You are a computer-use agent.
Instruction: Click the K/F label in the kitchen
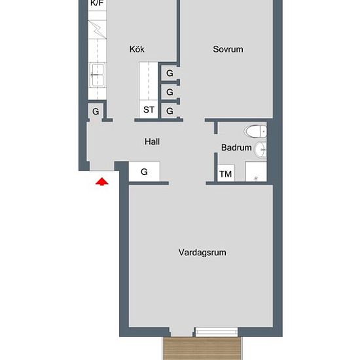[96, 4]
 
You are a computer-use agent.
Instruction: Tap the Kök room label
[137, 49]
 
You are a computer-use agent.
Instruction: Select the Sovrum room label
[228, 49]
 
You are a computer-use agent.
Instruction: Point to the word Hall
[152, 141]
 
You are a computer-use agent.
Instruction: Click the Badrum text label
[236, 148]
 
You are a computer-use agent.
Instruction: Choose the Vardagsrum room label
[202, 252]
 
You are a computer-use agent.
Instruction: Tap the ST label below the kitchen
[149, 110]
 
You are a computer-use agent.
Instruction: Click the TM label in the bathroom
[226, 174]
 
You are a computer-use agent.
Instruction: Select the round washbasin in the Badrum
[262, 149]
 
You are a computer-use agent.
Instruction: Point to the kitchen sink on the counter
[98, 75]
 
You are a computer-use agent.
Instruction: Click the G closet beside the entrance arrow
[145, 172]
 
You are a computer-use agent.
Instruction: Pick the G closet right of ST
[170, 111]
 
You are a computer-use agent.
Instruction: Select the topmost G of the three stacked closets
[170, 73]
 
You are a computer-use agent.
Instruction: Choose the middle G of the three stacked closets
[170, 92]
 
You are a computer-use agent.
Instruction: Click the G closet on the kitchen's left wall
[96, 111]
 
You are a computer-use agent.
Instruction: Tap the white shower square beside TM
[256, 172]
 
